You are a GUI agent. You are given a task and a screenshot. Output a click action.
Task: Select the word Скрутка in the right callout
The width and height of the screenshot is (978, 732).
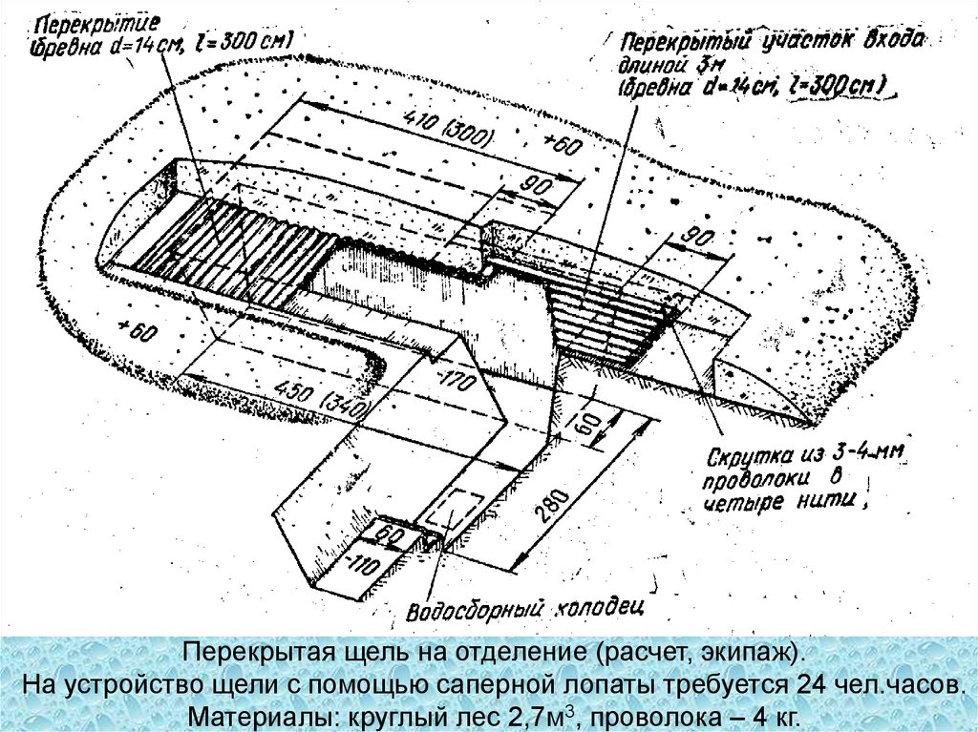point(753,448)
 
